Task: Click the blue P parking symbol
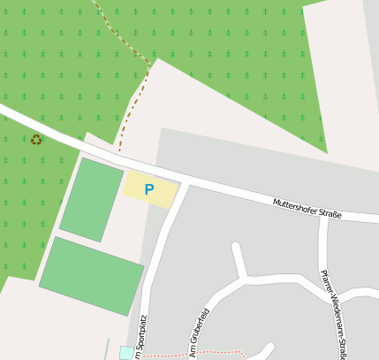[148, 189]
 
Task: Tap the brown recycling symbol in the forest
[36, 139]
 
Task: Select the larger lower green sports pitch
[91, 275]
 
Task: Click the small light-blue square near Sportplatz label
[126, 353]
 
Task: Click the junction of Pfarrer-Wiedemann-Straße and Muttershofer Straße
[325, 216]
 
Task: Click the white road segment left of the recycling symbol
[12, 114]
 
